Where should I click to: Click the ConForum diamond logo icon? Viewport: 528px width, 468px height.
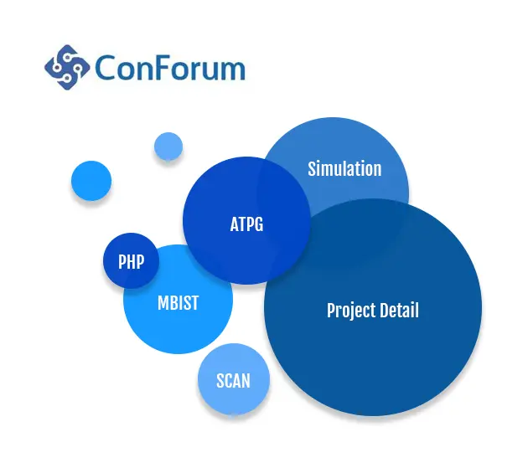tap(67, 67)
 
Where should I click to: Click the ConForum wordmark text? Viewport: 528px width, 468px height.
tap(170, 69)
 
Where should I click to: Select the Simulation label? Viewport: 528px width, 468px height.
tap(344, 168)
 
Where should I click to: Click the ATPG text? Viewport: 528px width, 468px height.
tap(246, 224)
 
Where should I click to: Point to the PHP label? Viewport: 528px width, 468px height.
tap(131, 261)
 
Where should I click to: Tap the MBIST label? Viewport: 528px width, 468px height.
tap(179, 302)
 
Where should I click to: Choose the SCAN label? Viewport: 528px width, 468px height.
tap(233, 381)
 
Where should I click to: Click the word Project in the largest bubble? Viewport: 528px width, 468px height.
tap(351, 311)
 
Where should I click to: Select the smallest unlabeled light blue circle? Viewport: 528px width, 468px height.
tap(168, 147)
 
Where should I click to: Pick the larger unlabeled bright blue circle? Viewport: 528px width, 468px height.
tap(91, 181)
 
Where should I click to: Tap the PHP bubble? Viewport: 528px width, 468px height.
tap(131, 260)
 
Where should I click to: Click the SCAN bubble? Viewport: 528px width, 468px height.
tap(234, 379)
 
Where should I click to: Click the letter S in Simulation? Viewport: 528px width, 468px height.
tap(312, 168)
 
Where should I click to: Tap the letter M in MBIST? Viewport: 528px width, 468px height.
tap(163, 302)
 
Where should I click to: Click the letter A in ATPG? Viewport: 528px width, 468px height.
tap(235, 224)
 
